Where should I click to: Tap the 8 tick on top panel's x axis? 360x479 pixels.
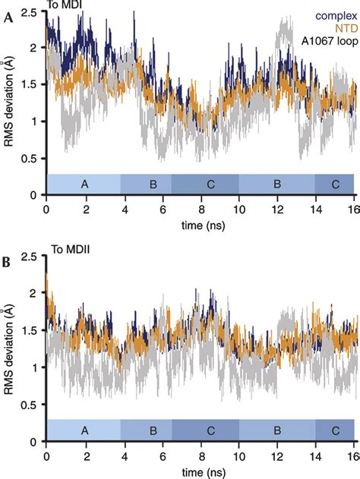click(x=201, y=210)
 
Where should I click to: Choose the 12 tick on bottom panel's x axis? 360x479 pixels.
click(x=279, y=456)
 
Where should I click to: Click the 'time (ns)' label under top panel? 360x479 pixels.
click(x=201, y=226)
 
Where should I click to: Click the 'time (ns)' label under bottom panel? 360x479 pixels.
click(x=201, y=471)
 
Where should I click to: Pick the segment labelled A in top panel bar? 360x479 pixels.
click(x=84, y=185)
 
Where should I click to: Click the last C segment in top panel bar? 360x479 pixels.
click(x=335, y=185)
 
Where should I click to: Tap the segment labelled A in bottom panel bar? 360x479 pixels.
click(x=84, y=430)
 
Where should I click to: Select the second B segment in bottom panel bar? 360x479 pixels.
click(x=278, y=430)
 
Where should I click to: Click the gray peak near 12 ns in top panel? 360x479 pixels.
click(x=284, y=30)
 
